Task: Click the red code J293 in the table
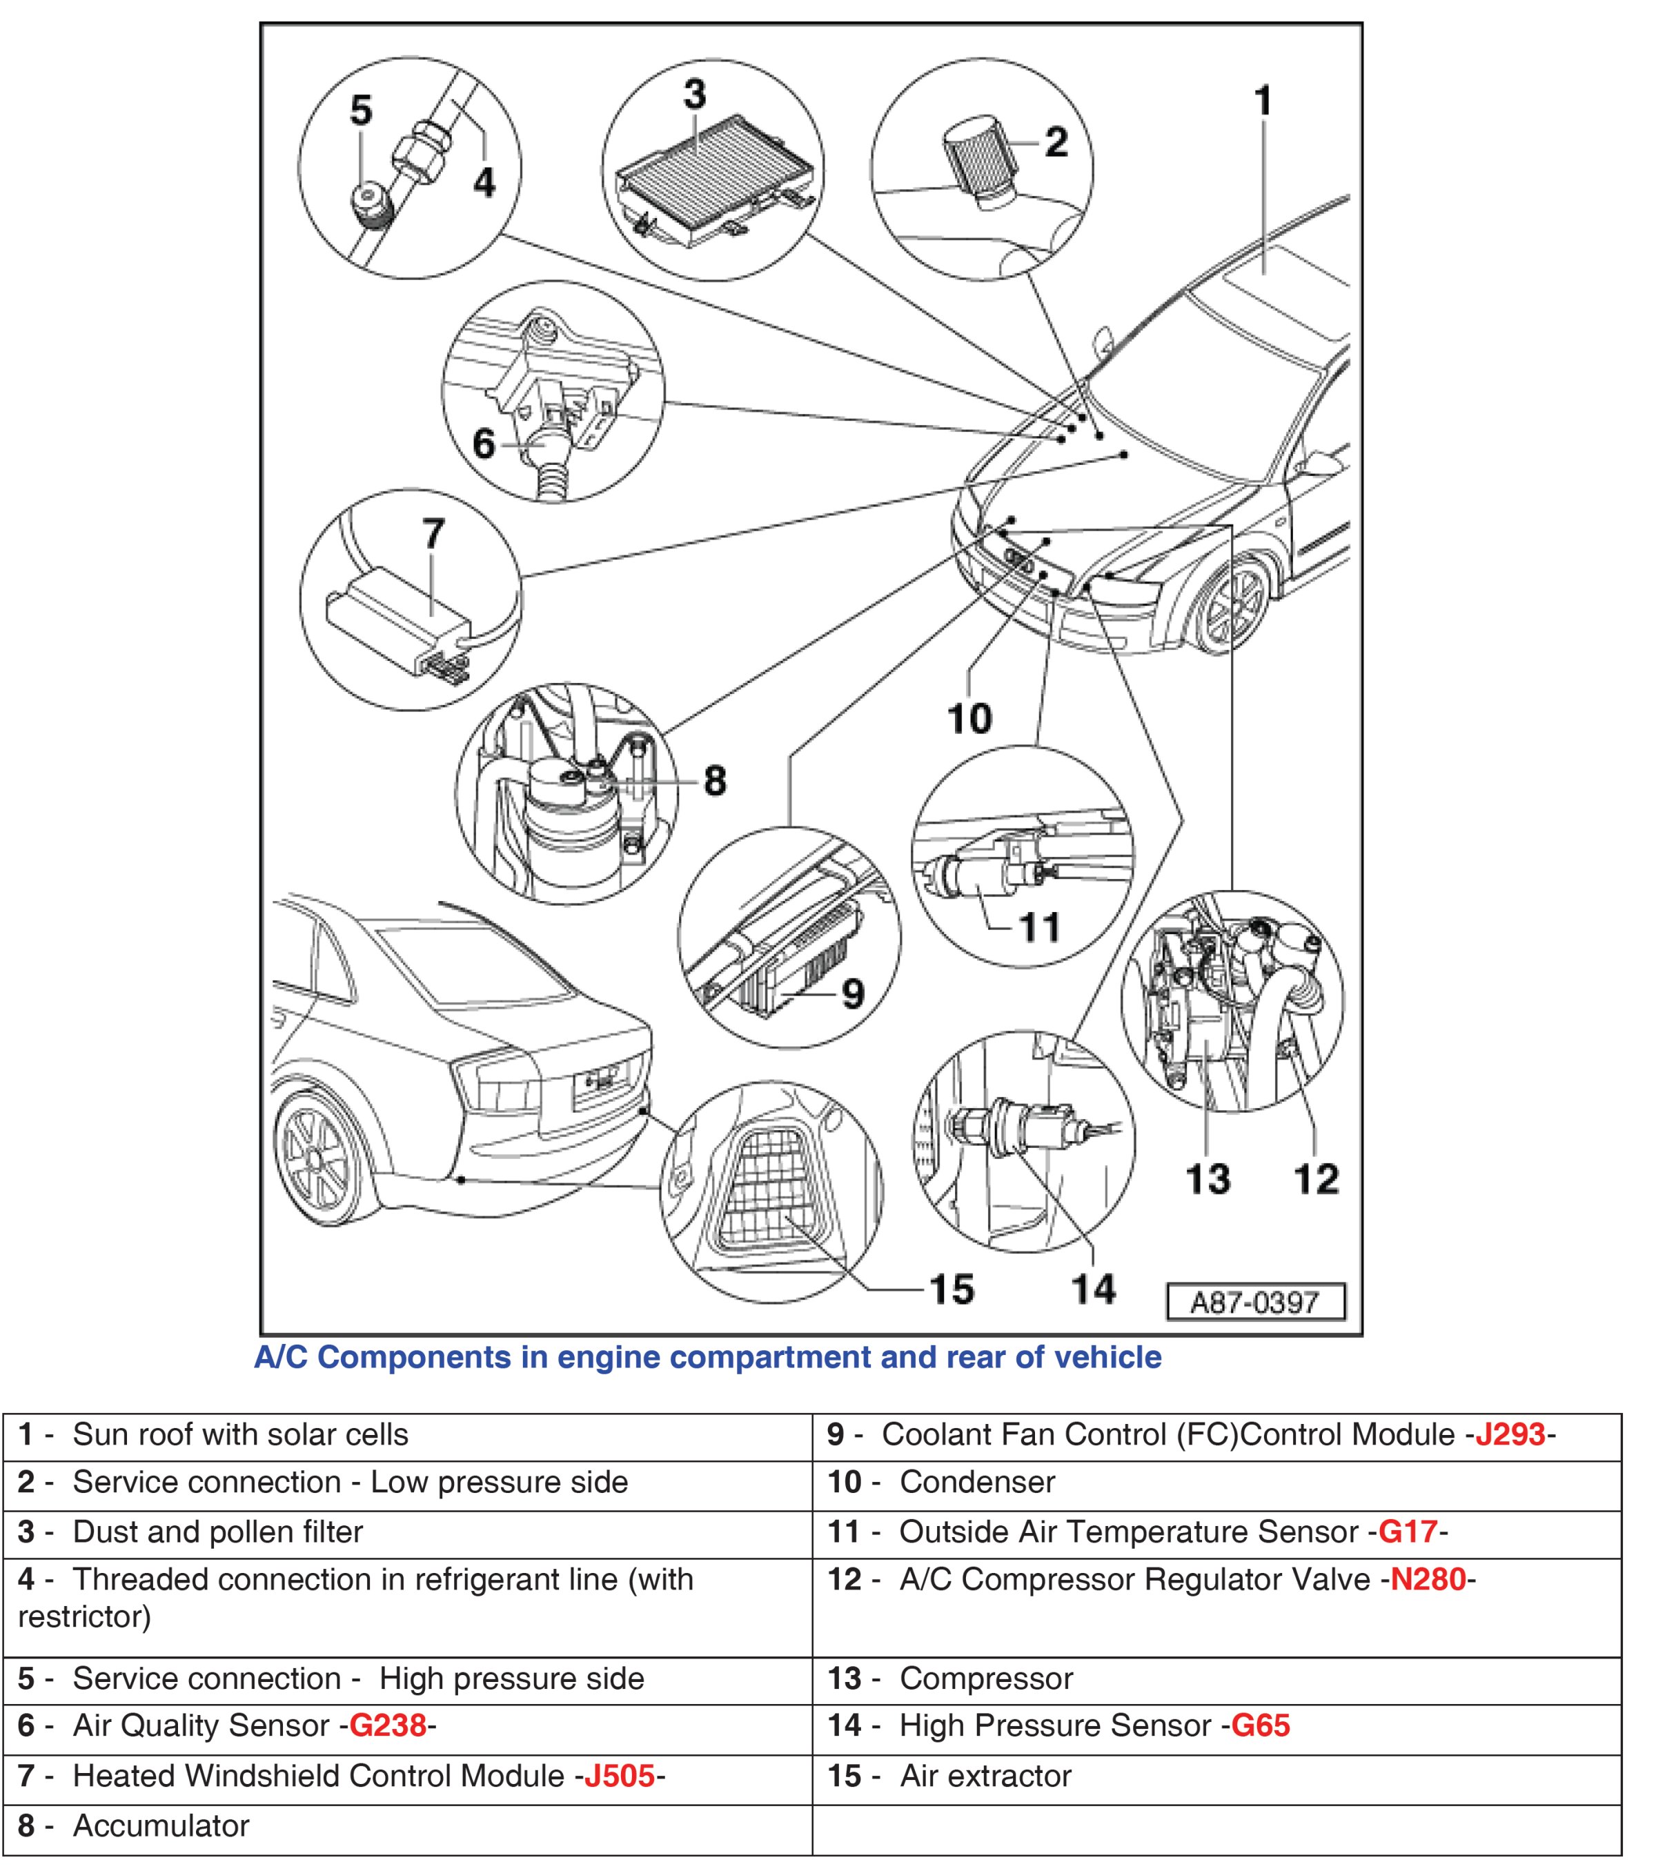[1510, 1434]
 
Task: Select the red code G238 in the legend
[387, 1725]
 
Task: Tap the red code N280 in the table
[1428, 1579]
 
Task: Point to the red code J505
[619, 1776]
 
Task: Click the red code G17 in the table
[1407, 1532]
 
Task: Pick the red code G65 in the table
[1260, 1725]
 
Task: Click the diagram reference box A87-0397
[1255, 1302]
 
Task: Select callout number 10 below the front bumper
[969, 719]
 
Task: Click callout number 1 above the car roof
[1263, 101]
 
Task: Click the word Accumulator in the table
[161, 1825]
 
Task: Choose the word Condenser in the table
[977, 1482]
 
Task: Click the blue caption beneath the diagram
[707, 1356]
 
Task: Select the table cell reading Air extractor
[986, 1776]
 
